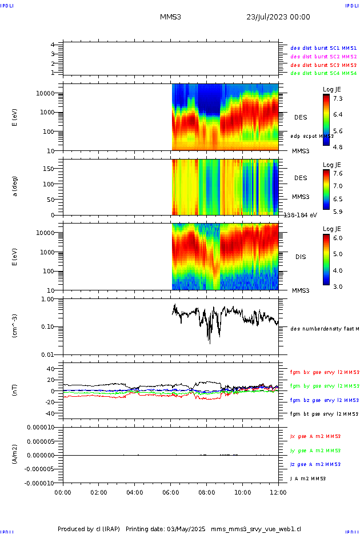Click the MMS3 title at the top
click(x=170, y=17)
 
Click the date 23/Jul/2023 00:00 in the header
click(x=278, y=17)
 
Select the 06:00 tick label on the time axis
click(x=170, y=492)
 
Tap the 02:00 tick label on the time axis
click(x=99, y=492)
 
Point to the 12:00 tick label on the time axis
click(x=278, y=492)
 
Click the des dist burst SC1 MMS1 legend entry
click(x=323, y=48)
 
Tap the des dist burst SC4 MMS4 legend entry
click(x=323, y=73)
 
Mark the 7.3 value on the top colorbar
click(x=338, y=99)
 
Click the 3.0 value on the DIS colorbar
click(x=338, y=286)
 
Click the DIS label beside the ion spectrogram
click(x=300, y=257)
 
